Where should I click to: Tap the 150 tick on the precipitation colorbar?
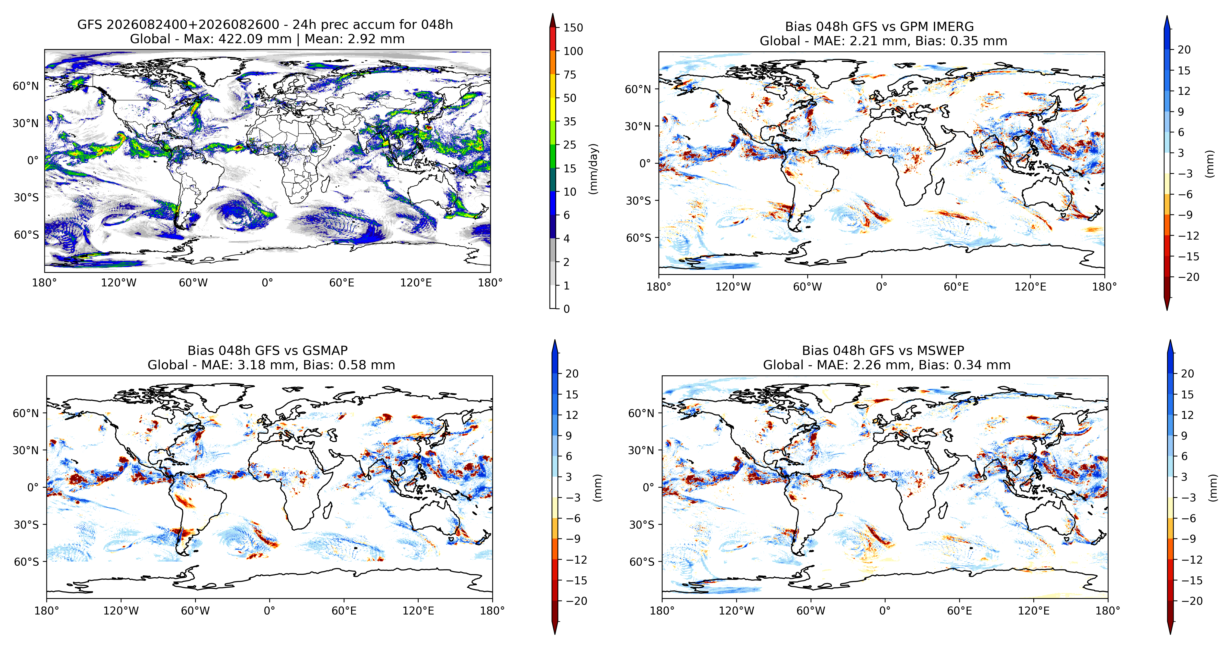click(573, 28)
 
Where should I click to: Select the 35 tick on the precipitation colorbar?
click(570, 121)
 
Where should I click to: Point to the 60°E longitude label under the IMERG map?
click(956, 287)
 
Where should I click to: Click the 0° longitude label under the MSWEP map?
click(885, 611)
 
